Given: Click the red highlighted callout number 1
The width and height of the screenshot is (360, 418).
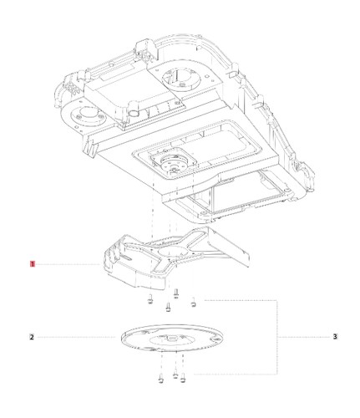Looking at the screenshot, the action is point(33,263).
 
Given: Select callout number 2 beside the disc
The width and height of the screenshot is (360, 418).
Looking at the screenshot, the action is point(32,337).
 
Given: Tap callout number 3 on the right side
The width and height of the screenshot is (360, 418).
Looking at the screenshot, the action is point(335,337).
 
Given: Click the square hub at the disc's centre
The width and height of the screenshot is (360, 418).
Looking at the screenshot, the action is point(171,338).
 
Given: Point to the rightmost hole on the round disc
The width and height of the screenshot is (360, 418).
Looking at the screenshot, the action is point(214,340).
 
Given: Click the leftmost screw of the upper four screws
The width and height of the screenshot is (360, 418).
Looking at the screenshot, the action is point(150,299).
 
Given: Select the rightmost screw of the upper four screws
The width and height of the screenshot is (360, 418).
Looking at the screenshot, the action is point(193,303).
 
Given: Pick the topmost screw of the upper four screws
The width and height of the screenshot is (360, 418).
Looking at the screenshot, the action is point(175,293).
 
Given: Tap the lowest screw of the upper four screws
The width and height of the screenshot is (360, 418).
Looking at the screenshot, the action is point(168,308).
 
